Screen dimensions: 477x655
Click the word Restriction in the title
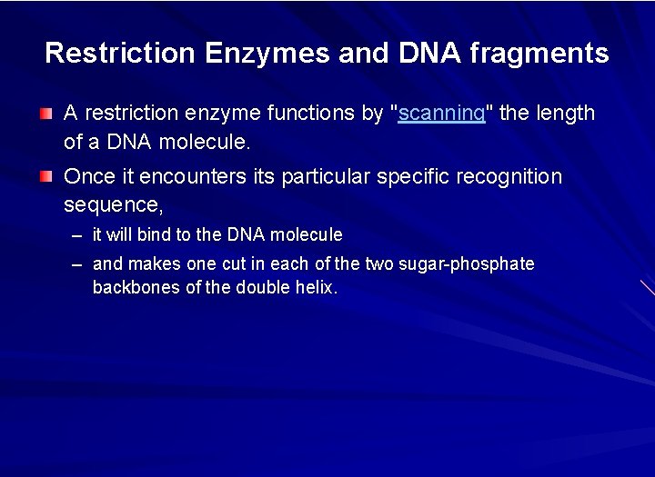click(x=120, y=53)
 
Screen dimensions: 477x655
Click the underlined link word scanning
click(x=441, y=114)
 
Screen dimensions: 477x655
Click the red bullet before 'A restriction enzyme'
click(x=46, y=114)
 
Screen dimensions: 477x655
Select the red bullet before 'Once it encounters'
click(x=46, y=176)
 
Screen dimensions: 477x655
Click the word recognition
click(x=509, y=176)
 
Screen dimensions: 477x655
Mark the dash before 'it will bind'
click(x=76, y=235)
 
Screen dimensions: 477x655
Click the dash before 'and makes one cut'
click(x=76, y=264)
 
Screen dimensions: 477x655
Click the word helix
click(x=316, y=288)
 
